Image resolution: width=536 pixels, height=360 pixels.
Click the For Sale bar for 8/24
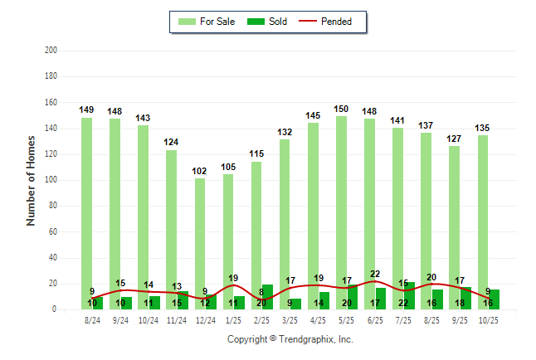coord(86,207)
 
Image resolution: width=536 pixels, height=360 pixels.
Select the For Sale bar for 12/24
coord(200,232)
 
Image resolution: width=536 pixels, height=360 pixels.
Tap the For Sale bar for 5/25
coord(341,207)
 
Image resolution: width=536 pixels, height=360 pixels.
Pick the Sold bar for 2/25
coord(267,297)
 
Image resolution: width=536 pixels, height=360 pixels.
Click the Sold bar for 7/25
coord(409,296)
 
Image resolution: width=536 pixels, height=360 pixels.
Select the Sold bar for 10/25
coord(494,299)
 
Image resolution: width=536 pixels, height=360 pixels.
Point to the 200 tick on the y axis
coord(51,51)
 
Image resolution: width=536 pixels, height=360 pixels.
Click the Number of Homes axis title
coord(31,182)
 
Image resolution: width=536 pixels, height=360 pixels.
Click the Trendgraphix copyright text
coord(290,339)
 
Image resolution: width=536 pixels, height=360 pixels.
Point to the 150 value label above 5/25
coord(341,109)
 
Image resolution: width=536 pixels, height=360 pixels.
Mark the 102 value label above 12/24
coord(200,171)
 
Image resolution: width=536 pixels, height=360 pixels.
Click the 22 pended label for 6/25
coord(374,274)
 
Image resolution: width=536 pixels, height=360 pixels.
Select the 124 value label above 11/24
coord(172,143)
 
